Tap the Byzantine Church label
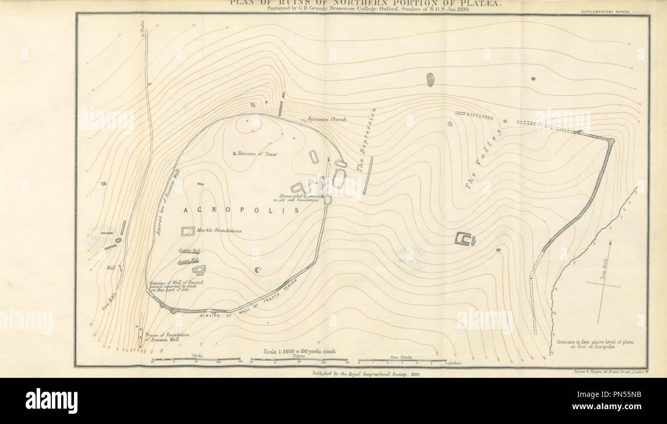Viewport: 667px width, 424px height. (x=327, y=119)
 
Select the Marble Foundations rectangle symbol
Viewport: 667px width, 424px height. (x=187, y=231)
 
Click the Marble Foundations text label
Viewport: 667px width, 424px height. (x=219, y=231)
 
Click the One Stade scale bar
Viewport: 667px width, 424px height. (x=402, y=360)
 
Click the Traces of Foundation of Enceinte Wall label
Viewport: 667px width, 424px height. (x=167, y=337)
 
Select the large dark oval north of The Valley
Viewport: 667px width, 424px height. (x=430, y=79)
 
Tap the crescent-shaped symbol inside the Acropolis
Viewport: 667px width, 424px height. (x=258, y=270)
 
